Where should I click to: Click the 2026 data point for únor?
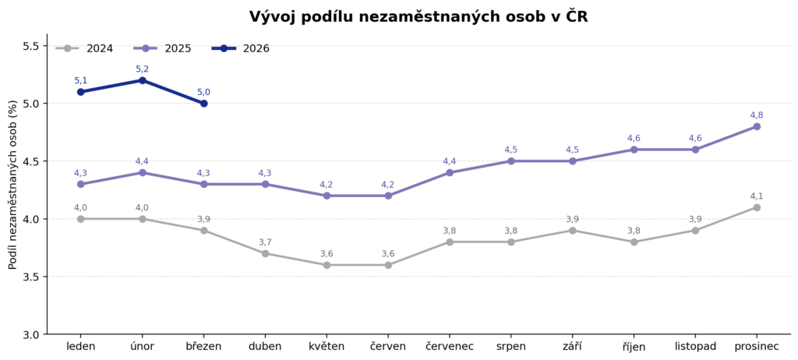point(142,80)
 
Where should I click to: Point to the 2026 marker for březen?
point(203,103)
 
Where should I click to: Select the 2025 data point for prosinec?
point(757,126)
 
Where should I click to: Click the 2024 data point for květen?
point(327,265)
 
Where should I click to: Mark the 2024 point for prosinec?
point(757,207)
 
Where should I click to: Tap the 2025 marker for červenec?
point(450,172)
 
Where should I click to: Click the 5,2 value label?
point(142,69)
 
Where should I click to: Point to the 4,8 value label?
point(757,115)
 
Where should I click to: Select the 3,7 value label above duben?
point(265,242)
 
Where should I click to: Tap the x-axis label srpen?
point(511,346)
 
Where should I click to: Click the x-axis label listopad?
point(695,346)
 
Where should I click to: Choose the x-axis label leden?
point(81,346)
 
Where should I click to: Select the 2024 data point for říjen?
point(634,242)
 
